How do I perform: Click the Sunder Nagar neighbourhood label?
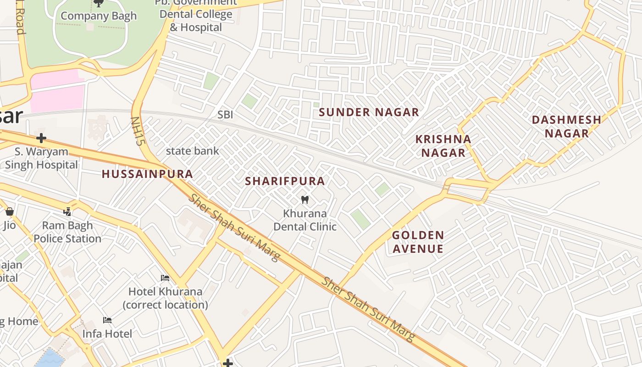[369, 112]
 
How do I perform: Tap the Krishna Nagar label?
[443, 146]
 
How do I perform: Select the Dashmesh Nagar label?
[566, 126]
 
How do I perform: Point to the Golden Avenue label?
[418, 242]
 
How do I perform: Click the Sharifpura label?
[285, 181]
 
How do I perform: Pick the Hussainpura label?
[147, 174]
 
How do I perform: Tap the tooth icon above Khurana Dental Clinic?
[304, 200]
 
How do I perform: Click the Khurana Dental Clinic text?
[305, 220]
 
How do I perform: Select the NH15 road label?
[138, 131]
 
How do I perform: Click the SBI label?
[225, 115]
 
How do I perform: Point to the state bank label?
[192, 151]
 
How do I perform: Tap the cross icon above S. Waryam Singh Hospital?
[41, 138]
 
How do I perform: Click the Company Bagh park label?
[99, 16]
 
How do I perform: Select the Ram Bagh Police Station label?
[67, 232]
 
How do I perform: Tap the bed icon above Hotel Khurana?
[165, 278]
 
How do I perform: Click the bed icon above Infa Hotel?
[107, 320]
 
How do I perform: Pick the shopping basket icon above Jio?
[9, 211]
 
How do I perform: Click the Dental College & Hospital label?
[196, 21]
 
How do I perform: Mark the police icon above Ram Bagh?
[67, 211]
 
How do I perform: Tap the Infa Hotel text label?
[107, 334]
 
